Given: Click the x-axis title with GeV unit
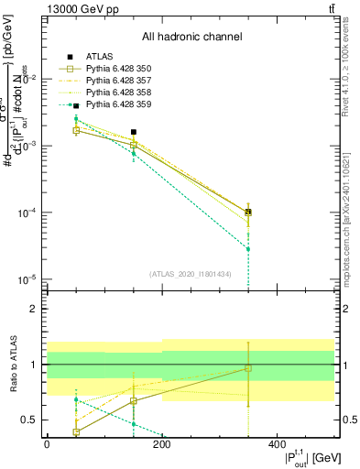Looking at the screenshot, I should click(x=301, y=455).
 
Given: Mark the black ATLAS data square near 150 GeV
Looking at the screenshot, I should click(x=134, y=132).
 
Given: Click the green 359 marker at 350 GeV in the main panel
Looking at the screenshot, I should click(x=248, y=249).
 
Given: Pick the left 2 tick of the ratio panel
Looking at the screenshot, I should click(x=35, y=310).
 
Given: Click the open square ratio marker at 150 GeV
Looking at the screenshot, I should click(x=134, y=401).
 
